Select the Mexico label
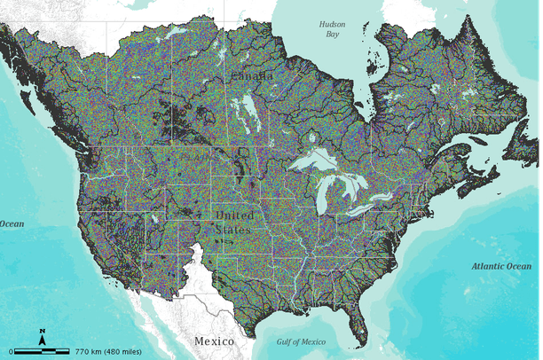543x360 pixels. point(214,340)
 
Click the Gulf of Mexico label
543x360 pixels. point(301,341)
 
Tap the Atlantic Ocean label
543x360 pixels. point(501,266)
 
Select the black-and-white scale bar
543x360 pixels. point(39,350)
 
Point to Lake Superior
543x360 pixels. point(312,163)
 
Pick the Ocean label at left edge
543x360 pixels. point(12,223)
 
